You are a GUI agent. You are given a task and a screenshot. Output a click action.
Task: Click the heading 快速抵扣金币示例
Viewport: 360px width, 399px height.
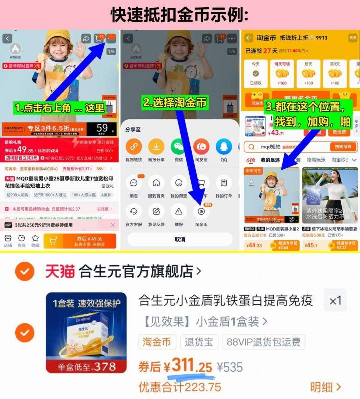point(180,15)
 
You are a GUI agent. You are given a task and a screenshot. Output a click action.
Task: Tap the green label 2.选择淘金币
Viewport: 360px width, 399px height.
point(175,103)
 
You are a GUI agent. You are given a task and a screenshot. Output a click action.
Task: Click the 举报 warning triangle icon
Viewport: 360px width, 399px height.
point(178,211)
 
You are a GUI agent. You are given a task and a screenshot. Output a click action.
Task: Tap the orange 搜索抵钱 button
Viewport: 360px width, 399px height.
point(343,147)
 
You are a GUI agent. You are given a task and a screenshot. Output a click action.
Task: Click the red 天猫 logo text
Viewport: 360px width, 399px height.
point(60,271)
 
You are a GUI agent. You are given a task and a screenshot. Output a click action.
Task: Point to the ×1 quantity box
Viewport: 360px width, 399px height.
point(335,301)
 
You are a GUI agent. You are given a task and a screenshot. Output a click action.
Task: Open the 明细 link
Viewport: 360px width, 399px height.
point(325,387)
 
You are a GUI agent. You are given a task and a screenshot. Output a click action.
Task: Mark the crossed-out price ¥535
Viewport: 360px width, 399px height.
point(230,367)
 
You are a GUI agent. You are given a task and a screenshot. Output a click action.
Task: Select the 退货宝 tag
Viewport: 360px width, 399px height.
point(198,342)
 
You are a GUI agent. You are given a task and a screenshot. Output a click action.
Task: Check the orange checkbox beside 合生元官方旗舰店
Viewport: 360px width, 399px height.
point(24,271)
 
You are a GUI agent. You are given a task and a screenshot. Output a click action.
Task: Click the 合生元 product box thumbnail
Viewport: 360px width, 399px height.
point(81,332)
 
